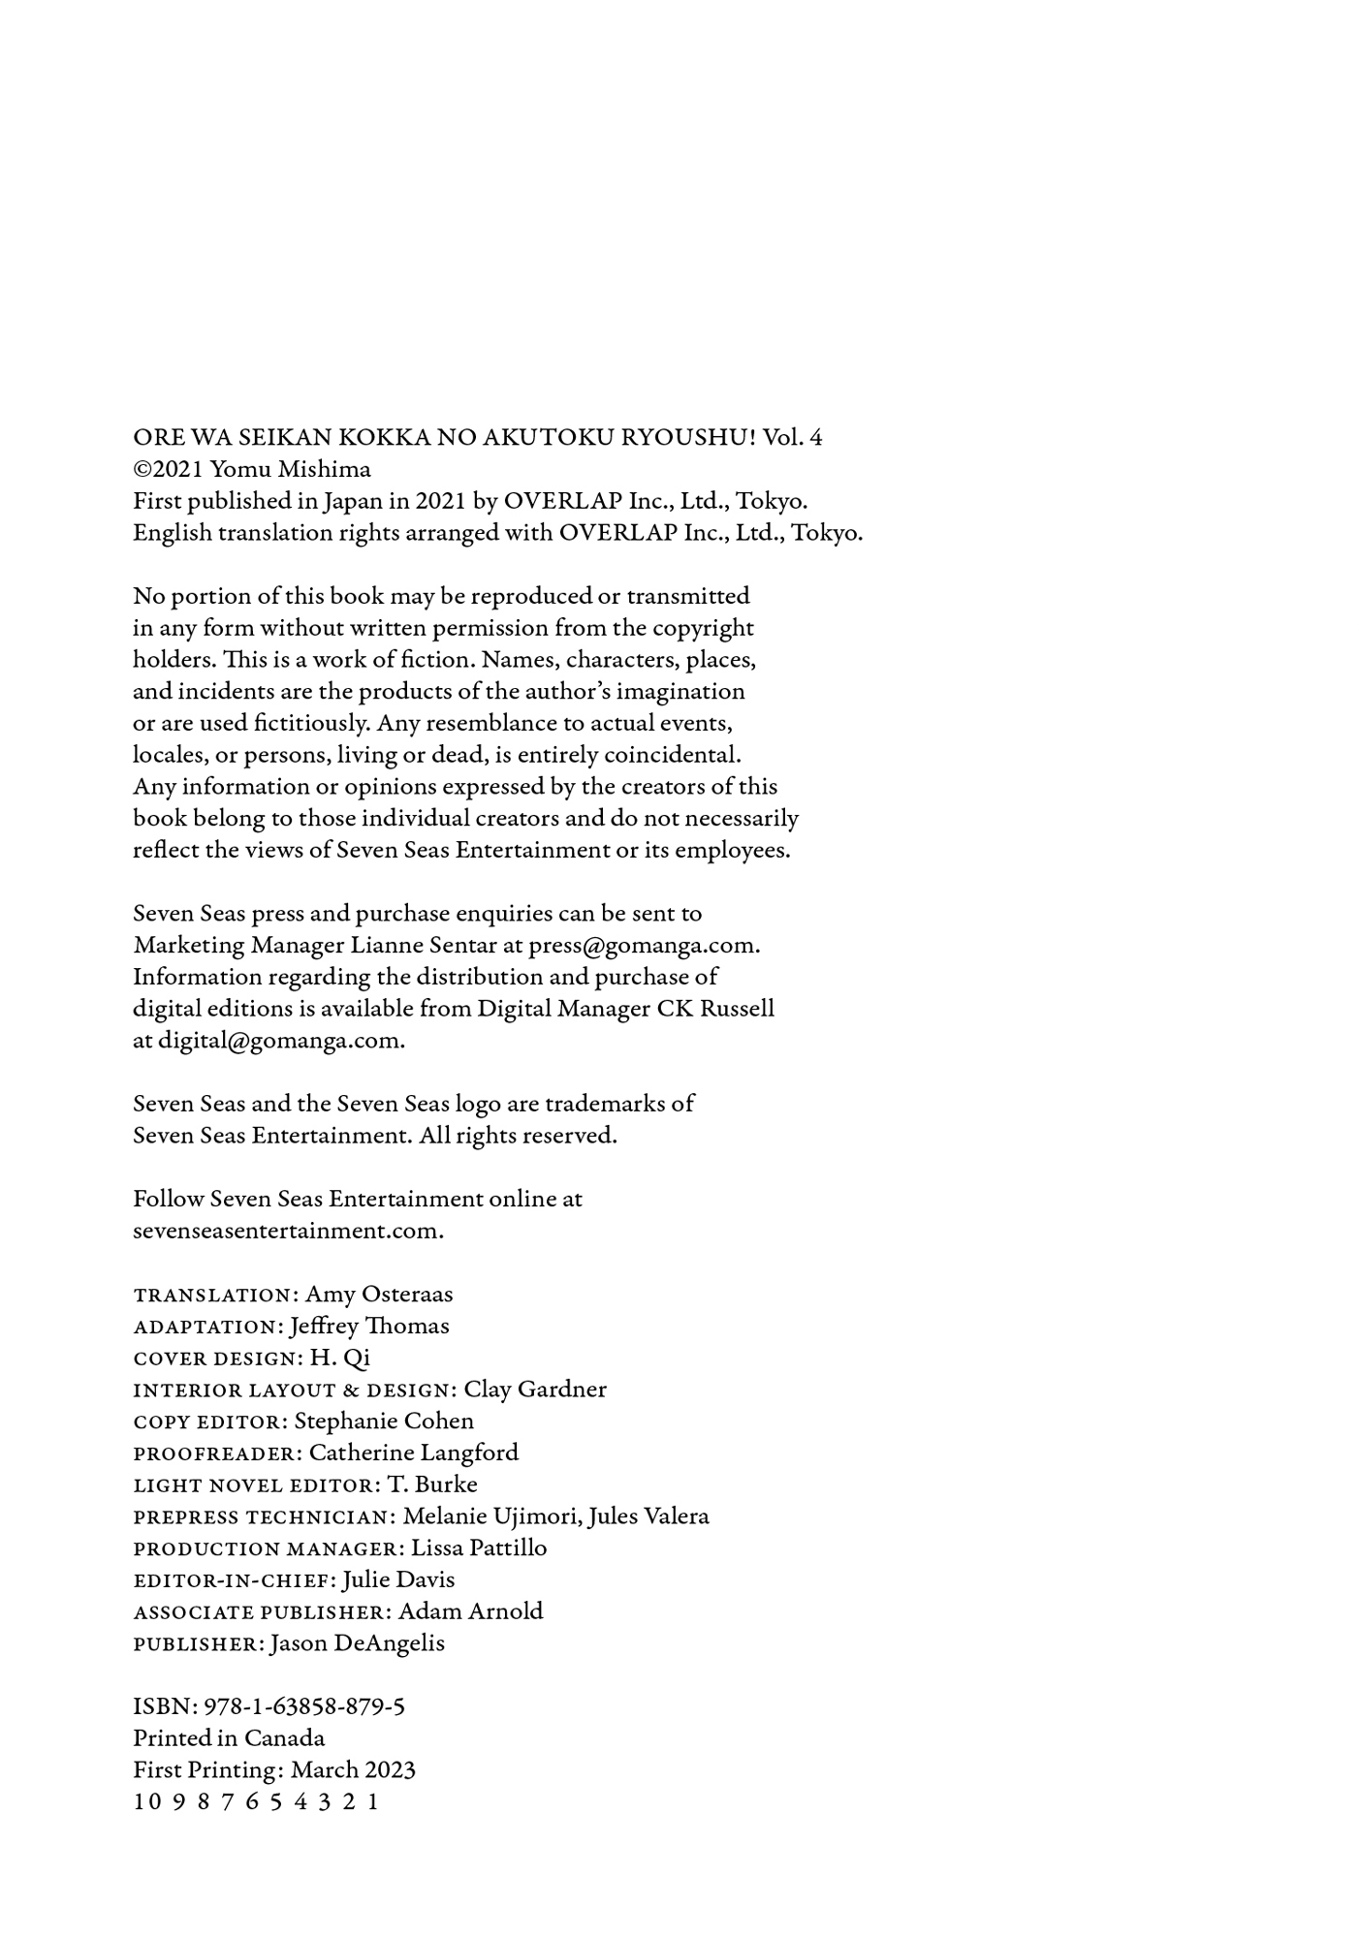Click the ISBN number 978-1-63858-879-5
(303, 1706)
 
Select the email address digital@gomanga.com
(279, 1041)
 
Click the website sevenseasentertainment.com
(287, 1231)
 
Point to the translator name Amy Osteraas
(379, 1295)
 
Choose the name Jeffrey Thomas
(369, 1326)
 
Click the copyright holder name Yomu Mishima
(290, 469)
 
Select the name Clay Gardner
(535, 1390)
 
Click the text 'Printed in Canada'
(229, 1738)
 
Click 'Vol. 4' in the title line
(792, 437)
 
